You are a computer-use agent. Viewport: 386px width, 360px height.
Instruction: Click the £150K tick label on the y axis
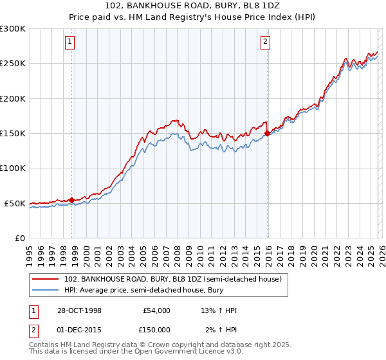tap(13, 133)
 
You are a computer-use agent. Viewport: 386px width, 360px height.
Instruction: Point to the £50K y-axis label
tap(15, 203)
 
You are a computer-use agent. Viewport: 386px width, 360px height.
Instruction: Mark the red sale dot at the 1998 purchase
tap(71, 199)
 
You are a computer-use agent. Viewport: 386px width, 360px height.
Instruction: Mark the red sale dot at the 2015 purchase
tap(267, 133)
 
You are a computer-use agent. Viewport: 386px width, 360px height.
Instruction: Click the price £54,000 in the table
tap(156, 310)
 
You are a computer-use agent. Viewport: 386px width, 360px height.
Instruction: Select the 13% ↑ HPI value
tap(219, 310)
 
